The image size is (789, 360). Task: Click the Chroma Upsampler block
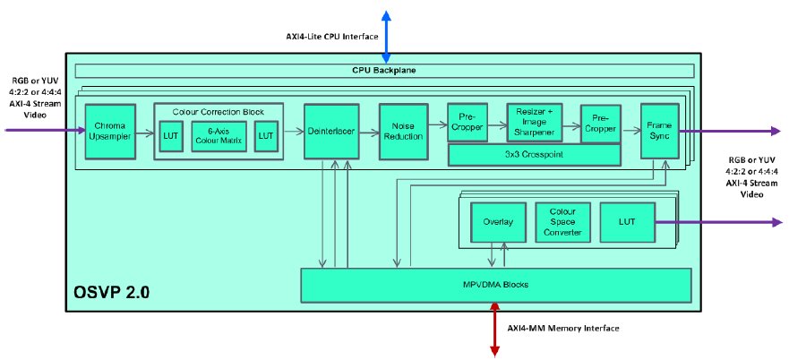click(109, 132)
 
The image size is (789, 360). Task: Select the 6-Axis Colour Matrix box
click(219, 137)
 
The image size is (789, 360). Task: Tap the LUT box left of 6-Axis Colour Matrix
click(171, 137)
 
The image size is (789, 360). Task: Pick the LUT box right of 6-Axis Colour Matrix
click(266, 137)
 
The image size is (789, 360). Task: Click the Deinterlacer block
click(330, 132)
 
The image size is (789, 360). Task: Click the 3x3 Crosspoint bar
click(535, 155)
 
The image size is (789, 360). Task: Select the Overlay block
click(497, 222)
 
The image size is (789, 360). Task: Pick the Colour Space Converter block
click(560, 222)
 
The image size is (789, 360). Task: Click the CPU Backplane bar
click(383, 71)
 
